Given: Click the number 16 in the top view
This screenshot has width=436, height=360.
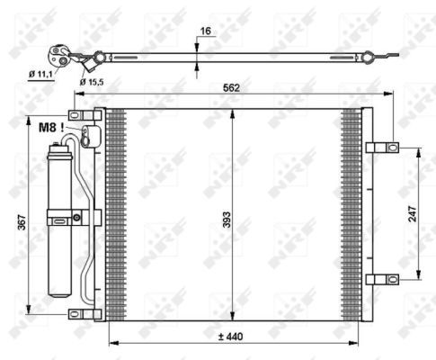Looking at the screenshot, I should pyautogui.click(x=205, y=31).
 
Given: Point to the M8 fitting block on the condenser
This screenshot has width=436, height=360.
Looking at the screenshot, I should pyautogui.click(x=87, y=136).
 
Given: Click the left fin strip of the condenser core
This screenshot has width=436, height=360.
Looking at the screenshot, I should pyautogui.click(x=114, y=214).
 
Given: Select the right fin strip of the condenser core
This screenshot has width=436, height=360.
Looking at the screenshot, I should pyautogui.click(x=351, y=214).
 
